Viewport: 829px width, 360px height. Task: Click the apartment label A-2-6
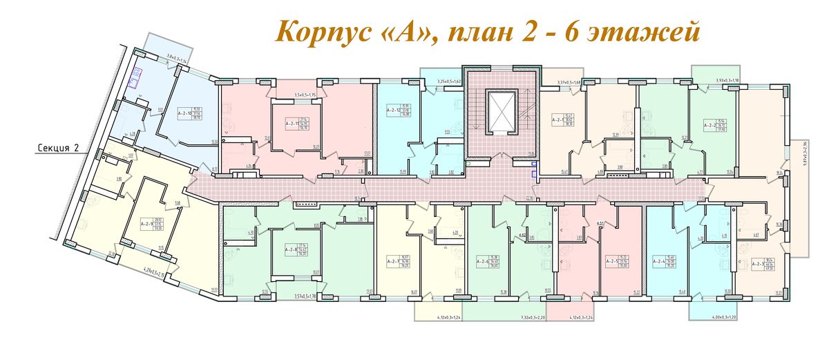pos(484,261)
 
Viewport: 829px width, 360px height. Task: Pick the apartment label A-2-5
pos(611,261)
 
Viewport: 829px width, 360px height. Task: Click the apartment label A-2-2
pos(710,125)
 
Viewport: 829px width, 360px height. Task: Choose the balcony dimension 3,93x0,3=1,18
pos(730,80)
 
